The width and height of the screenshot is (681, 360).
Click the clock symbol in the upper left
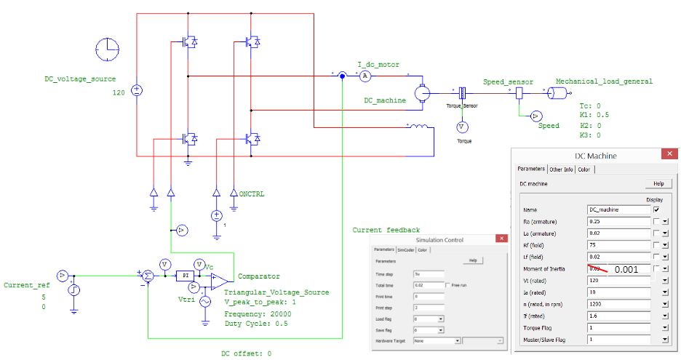click(106, 49)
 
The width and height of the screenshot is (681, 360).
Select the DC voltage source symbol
click(136, 91)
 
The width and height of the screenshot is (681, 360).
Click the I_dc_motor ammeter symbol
click(367, 76)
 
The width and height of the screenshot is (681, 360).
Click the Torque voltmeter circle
click(460, 127)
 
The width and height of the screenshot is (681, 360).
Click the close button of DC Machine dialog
click(666, 154)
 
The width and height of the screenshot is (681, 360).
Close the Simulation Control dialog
click(500, 239)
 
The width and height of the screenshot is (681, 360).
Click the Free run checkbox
click(447, 284)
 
